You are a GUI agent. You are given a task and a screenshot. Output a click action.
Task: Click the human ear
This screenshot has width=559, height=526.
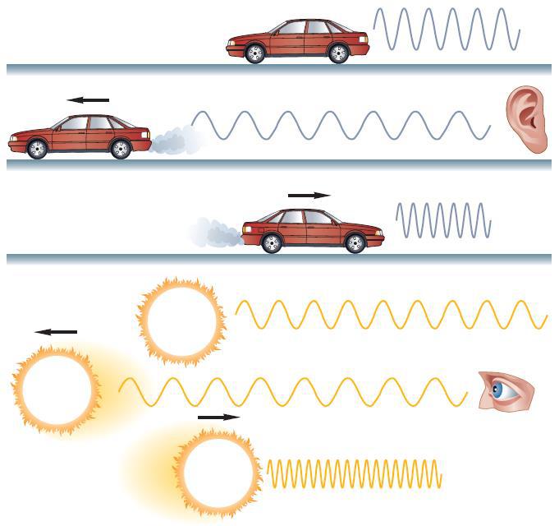tap(526, 121)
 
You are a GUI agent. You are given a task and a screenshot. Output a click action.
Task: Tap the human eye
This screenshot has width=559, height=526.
tap(503, 390)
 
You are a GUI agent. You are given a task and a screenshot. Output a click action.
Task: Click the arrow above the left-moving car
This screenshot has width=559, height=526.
tap(88, 99)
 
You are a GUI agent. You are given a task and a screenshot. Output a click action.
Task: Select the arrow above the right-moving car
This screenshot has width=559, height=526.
tap(309, 196)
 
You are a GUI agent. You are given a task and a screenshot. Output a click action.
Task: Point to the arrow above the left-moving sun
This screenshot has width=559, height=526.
tap(56, 332)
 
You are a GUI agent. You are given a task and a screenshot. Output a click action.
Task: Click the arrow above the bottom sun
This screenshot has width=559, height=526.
tap(219, 417)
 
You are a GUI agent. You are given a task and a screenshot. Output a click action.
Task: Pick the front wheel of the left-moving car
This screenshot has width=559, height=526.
tap(37, 149)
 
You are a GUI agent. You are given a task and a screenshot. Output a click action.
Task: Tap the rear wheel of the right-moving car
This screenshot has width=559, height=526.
tap(272, 243)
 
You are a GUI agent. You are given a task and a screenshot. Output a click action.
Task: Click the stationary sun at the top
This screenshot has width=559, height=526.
tap(181, 321)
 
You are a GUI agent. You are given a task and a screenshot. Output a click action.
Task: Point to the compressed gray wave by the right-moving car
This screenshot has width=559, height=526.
tap(443, 219)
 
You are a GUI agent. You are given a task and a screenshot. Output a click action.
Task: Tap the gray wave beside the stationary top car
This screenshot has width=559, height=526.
tap(447, 30)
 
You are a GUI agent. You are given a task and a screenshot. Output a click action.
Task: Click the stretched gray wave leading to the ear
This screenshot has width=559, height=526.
tap(341, 126)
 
